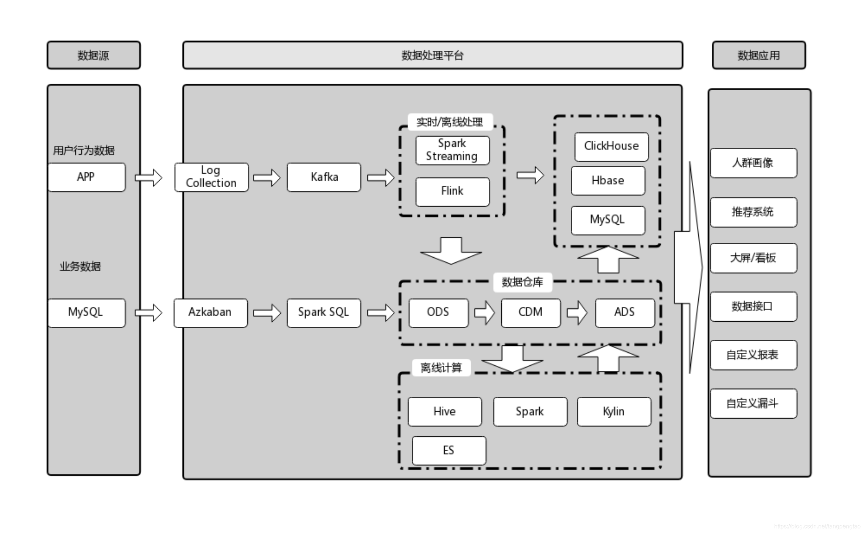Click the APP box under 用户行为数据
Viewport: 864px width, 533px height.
click(x=87, y=177)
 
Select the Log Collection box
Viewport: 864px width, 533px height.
click(x=211, y=177)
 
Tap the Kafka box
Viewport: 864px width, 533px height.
click(x=323, y=177)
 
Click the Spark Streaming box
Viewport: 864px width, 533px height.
click(x=452, y=150)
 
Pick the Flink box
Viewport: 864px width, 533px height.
click(x=452, y=191)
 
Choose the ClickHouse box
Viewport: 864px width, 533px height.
click(x=611, y=147)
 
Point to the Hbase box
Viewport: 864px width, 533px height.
click(x=607, y=181)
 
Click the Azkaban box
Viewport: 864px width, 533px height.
click(x=210, y=312)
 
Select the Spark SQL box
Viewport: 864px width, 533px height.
click(x=323, y=312)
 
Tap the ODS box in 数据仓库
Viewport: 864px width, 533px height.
click(x=438, y=312)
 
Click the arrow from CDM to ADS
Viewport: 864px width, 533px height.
click(x=577, y=312)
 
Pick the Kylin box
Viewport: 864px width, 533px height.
click(x=614, y=412)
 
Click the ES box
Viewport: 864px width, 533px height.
click(x=449, y=450)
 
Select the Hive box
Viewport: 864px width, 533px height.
click(x=445, y=412)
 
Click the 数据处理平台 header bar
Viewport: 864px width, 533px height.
click(x=433, y=55)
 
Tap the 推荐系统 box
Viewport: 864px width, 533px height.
click(x=753, y=212)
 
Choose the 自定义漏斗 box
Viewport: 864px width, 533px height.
click(x=753, y=403)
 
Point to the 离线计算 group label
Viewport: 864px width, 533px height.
click(x=441, y=368)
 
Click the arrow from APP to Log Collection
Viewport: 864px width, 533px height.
click(x=149, y=178)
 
